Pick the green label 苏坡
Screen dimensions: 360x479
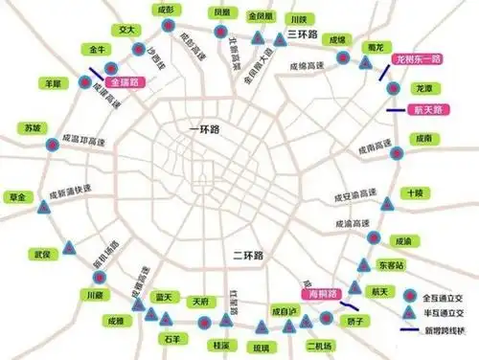tap(34, 127)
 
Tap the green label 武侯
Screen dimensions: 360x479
tap(40, 255)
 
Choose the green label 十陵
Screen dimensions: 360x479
tap(414, 192)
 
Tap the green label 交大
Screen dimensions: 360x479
tap(125, 30)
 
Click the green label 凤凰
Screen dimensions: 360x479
tap(221, 12)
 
